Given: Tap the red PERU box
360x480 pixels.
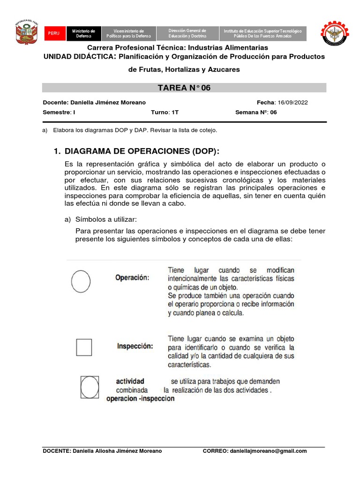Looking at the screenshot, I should tap(54, 34).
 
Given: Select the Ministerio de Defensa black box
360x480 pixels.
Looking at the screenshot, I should tap(83, 33).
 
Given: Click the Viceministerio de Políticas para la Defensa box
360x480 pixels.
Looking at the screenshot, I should tap(128, 33).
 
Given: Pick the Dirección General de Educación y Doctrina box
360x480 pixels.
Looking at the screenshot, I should tap(187, 33).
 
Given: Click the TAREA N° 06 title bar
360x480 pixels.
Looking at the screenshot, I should tap(184, 88).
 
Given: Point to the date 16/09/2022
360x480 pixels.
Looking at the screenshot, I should tap(292, 103).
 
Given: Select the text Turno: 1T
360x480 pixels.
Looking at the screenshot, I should tap(165, 112).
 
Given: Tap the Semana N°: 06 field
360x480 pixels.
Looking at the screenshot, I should tap(255, 112).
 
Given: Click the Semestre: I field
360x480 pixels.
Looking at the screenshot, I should tap(59, 112).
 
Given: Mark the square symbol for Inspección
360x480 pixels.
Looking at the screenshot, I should tap(84, 347).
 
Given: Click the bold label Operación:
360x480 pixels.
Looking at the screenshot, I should tap(132, 277).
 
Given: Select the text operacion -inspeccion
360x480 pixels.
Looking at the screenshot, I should tap(140, 399).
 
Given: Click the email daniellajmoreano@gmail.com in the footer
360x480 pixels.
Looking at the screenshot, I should tap(268, 451).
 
